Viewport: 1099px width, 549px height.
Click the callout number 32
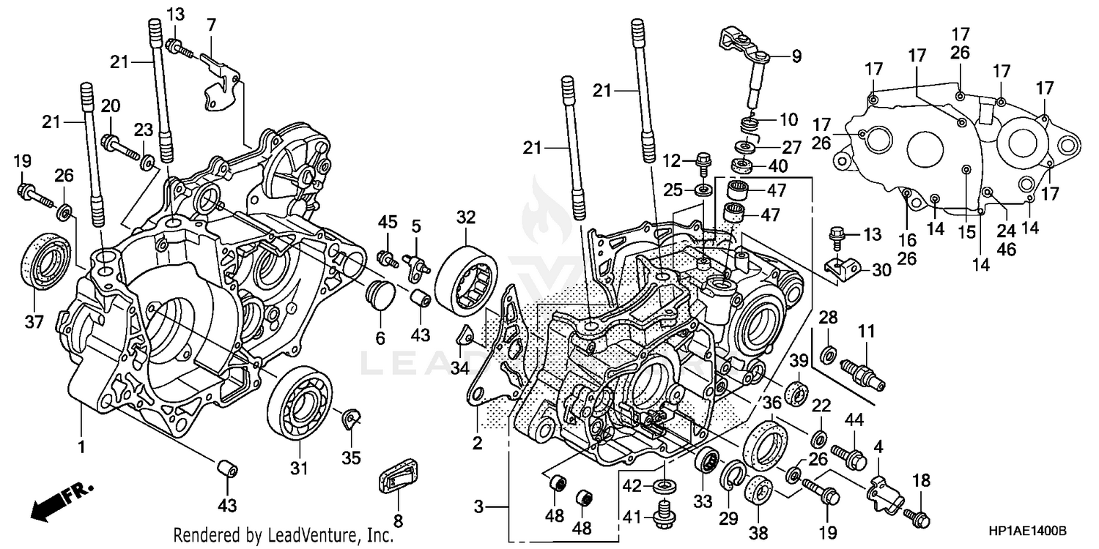466,217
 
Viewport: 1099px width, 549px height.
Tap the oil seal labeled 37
46,259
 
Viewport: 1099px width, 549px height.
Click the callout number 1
82,446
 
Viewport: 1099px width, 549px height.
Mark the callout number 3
478,507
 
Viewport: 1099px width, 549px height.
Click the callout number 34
459,367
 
